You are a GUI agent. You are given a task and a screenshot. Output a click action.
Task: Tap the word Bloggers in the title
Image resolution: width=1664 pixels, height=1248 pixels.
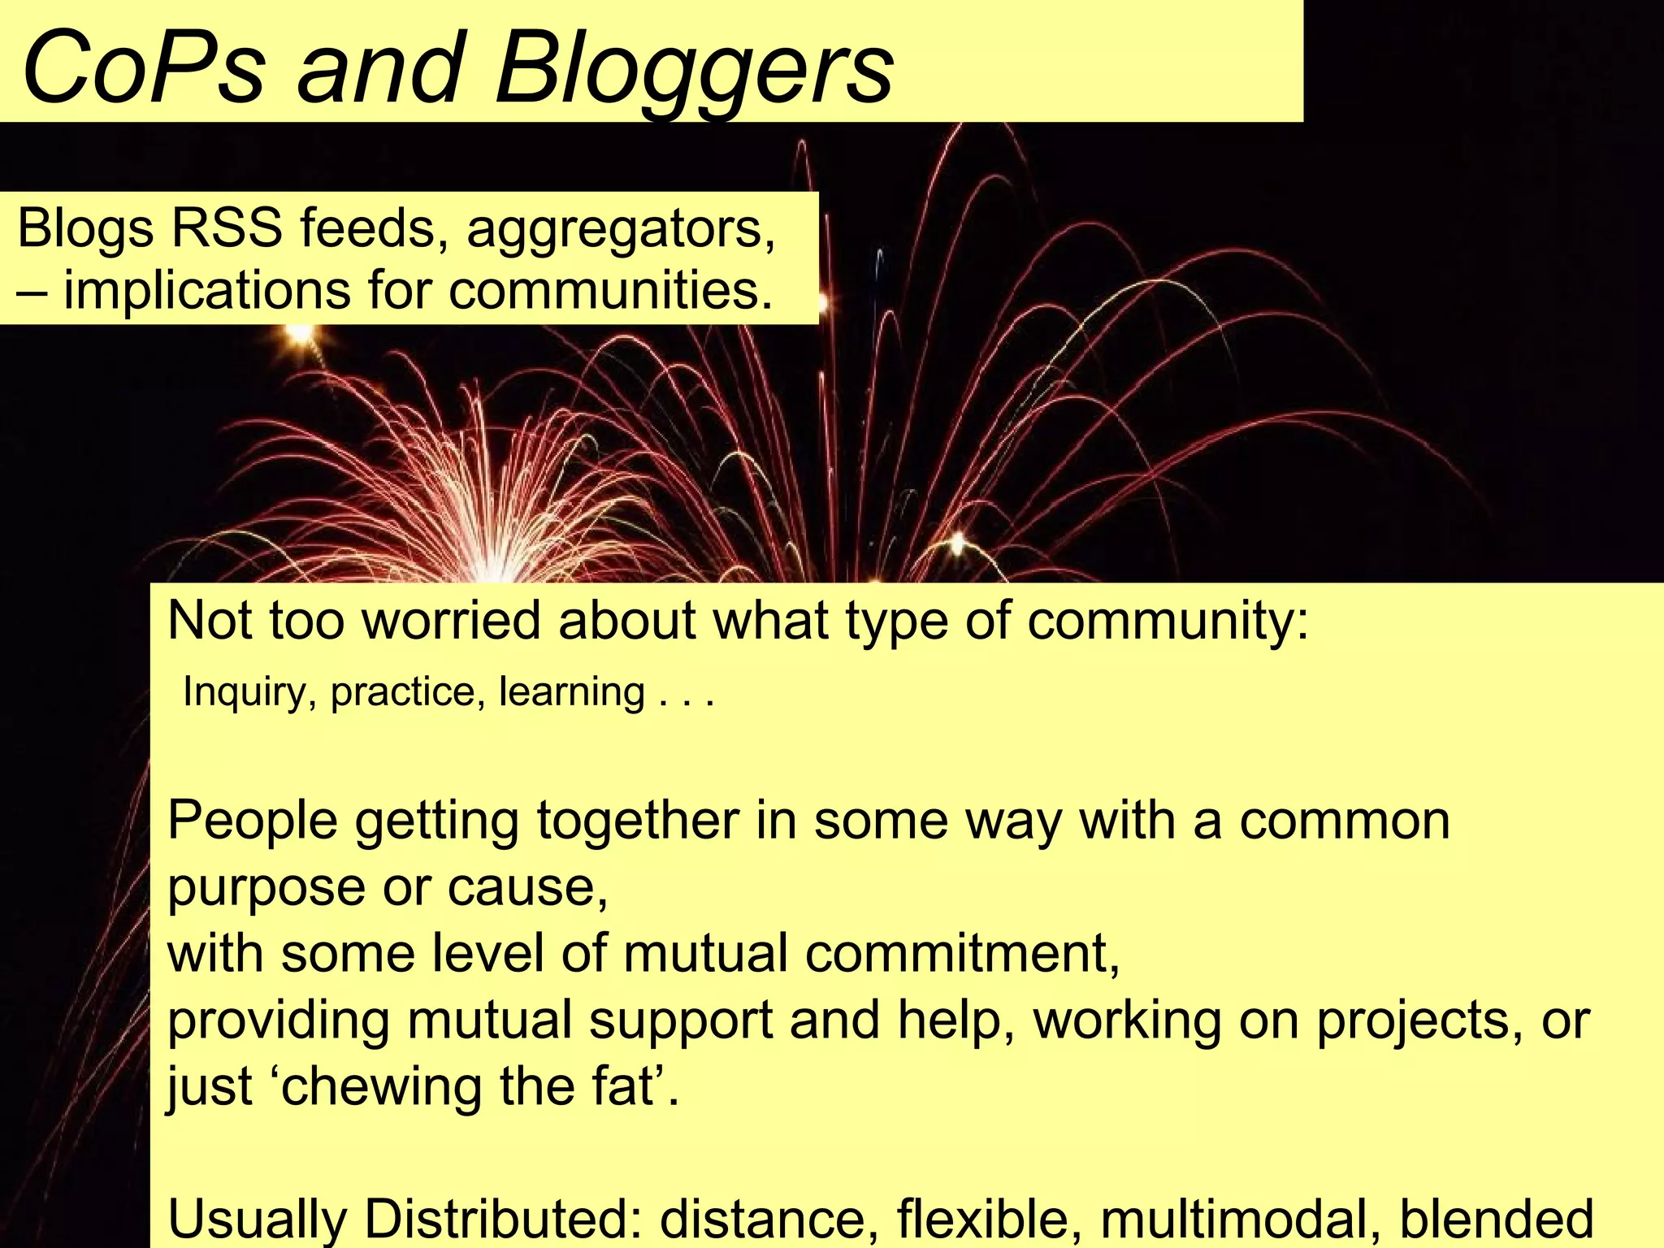click(694, 69)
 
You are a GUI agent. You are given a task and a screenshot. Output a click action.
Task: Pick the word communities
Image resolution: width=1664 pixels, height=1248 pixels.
click(610, 290)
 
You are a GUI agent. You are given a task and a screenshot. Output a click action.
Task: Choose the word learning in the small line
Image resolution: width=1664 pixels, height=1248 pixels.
click(571, 691)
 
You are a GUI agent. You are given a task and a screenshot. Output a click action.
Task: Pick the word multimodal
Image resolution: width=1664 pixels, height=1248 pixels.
click(1241, 1219)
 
